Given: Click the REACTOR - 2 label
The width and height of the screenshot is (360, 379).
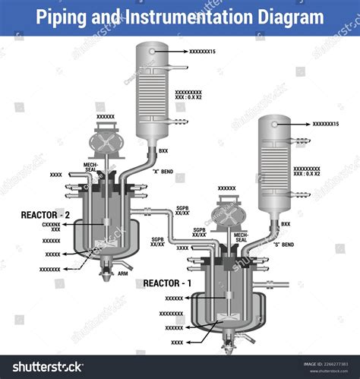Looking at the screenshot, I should click(x=46, y=215).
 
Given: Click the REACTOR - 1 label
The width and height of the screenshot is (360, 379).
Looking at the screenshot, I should click(x=168, y=283).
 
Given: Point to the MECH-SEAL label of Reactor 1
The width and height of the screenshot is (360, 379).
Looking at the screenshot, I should click(x=241, y=238).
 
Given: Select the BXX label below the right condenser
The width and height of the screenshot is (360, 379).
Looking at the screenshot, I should click(x=286, y=224).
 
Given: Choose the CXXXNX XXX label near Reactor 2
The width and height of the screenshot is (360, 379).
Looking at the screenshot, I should click(x=51, y=227).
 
